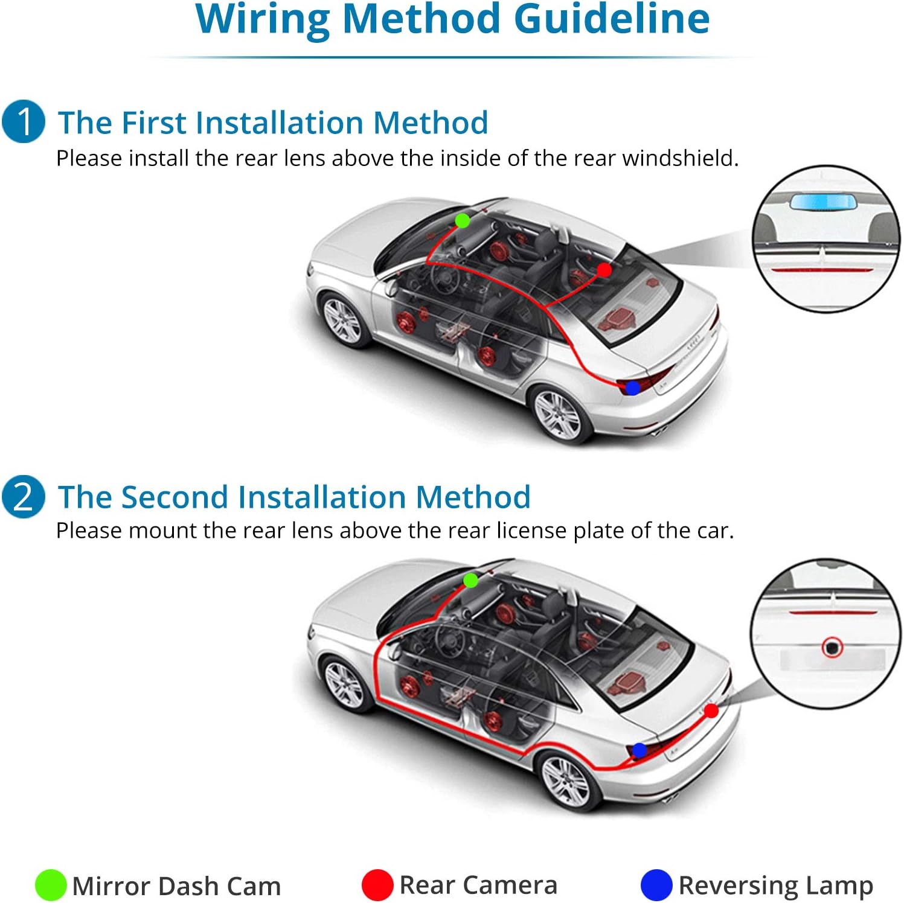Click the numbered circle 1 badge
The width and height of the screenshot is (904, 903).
click(x=24, y=121)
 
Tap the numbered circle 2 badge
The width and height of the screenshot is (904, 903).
click(x=24, y=496)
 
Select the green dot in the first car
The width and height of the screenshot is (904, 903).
click(x=463, y=220)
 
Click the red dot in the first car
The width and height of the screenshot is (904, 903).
click(x=604, y=269)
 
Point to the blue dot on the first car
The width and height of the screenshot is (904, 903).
click(x=632, y=388)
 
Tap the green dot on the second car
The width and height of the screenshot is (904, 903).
click(x=470, y=581)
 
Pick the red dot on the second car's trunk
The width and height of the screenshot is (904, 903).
click(x=711, y=711)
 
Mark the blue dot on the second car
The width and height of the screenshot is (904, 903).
click(x=639, y=750)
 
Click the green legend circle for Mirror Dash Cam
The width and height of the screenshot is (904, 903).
click(x=50, y=885)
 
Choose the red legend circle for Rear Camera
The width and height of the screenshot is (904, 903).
click(x=377, y=885)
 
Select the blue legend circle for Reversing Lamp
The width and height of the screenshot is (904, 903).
click(x=656, y=885)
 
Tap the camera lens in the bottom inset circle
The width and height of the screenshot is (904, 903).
click(x=832, y=648)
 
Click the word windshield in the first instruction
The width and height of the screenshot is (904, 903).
click(x=681, y=158)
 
